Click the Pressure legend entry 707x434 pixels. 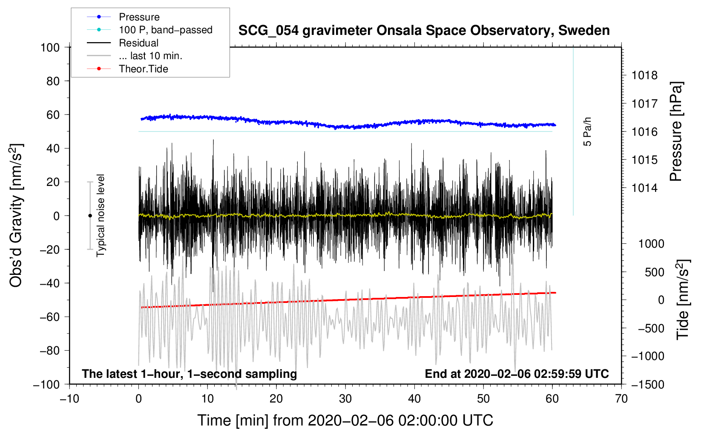click(x=123, y=17)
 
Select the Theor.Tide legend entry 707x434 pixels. click(x=127, y=69)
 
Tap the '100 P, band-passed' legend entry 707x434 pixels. click(x=149, y=30)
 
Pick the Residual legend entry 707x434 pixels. click(x=123, y=43)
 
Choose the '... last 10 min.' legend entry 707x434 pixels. click(x=135, y=56)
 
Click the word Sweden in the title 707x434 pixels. click(x=584, y=31)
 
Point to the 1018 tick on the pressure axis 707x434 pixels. click(x=644, y=75)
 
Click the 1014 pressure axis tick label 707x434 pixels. click(x=644, y=188)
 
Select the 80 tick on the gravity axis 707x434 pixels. click(x=53, y=81)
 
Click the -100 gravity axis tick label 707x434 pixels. click(x=46, y=385)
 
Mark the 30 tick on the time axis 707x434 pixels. click(x=345, y=399)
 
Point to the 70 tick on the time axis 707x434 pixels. click(x=621, y=399)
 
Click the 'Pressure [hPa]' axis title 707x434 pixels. click(x=676, y=131)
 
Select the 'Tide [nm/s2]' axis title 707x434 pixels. click(x=683, y=300)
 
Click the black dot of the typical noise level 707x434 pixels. click(x=90, y=216)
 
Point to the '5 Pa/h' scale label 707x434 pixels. click(x=587, y=131)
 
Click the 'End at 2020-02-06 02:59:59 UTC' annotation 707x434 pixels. click(x=517, y=374)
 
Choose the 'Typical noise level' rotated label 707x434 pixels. click(x=101, y=216)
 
